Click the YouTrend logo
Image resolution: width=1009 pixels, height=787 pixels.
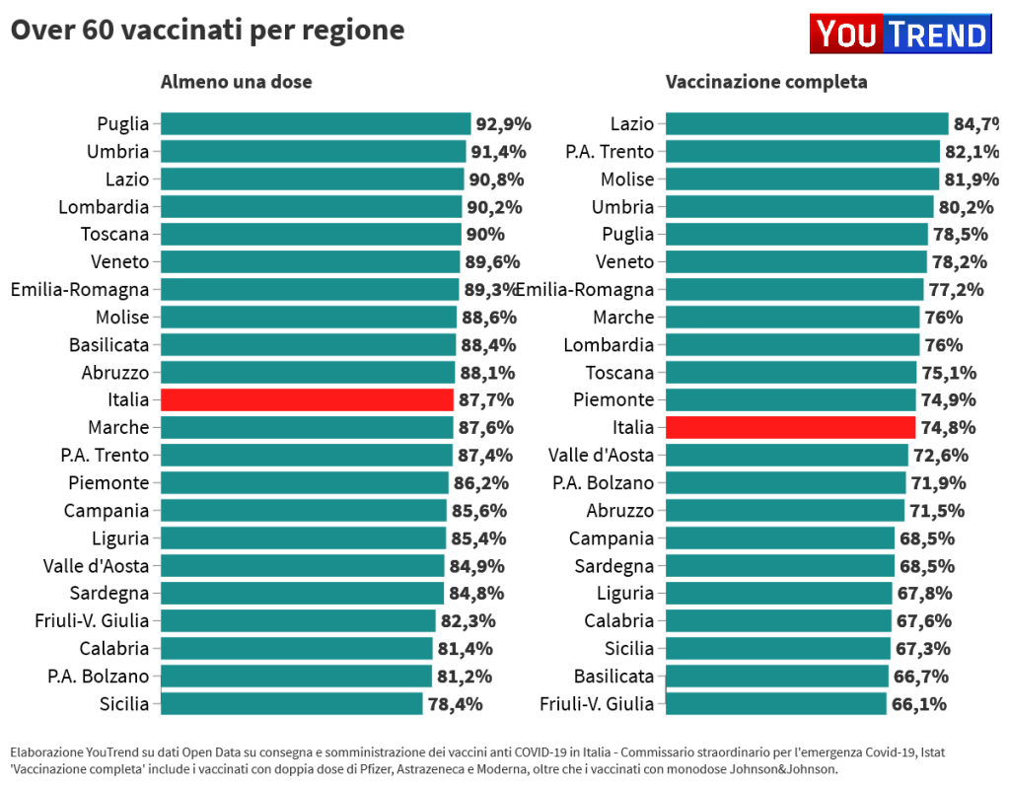coord(900,35)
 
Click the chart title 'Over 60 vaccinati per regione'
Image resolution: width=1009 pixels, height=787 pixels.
coord(207,31)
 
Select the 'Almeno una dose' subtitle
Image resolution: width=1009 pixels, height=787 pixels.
coord(236,82)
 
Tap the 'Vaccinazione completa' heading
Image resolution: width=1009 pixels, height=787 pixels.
coord(766,82)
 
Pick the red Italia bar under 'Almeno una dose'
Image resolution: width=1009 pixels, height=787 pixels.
coord(307,399)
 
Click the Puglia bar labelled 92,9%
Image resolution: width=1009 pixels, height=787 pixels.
coord(316,123)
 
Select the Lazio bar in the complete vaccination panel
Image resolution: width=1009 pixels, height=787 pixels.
coord(807,123)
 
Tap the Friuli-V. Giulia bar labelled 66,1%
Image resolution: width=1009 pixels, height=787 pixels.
coord(776,703)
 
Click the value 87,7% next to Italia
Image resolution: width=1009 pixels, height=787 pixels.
coord(486,399)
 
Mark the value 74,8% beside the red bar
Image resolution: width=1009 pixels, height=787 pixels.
coord(948,427)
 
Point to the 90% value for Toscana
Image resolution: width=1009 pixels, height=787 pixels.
coord(484,234)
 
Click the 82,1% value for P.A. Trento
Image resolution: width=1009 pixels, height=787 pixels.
coord(972,151)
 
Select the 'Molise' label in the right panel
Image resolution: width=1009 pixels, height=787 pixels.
coord(627,179)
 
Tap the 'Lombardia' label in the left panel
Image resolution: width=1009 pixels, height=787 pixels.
coord(104,206)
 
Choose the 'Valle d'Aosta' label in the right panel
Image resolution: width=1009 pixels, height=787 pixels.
coord(601,455)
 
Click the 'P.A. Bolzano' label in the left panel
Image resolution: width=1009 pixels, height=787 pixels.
coord(98,676)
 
